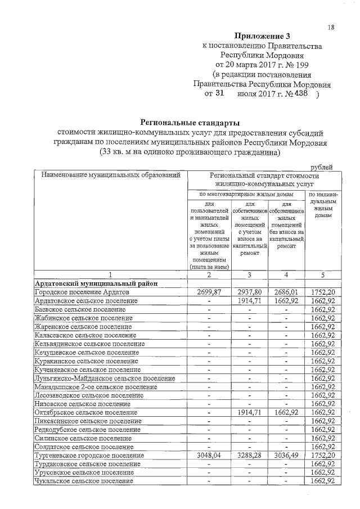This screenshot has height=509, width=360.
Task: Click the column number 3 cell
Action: point(249,274)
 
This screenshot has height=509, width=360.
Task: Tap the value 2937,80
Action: point(249,292)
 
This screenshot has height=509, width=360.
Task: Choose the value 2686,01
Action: point(286,292)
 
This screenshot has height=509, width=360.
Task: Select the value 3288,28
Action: point(249,455)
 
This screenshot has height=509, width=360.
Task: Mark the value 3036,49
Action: point(286,455)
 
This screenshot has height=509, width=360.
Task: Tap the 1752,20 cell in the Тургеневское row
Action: point(322,455)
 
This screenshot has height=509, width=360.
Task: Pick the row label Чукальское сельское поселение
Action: point(84,481)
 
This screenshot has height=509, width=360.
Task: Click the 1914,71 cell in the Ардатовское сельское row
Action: point(249,301)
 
